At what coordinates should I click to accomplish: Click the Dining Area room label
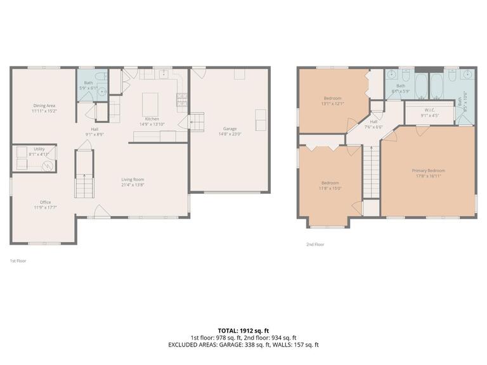(x=44, y=105)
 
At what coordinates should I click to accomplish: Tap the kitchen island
(x=151, y=101)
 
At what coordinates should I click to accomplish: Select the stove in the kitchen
(x=181, y=98)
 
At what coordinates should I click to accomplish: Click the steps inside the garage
(x=197, y=120)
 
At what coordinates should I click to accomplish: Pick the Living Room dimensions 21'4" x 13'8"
(x=133, y=185)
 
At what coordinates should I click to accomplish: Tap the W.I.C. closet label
(x=429, y=110)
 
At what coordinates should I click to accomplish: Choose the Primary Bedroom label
(x=429, y=170)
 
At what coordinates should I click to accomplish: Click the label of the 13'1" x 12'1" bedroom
(x=333, y=98)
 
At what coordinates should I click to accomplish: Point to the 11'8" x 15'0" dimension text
(x=330, y=188)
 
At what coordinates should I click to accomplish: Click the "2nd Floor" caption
(x=315, y=244)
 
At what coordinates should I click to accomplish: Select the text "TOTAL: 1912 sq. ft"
(x=243, y=330)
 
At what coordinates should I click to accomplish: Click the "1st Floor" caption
(x=18, y=260)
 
